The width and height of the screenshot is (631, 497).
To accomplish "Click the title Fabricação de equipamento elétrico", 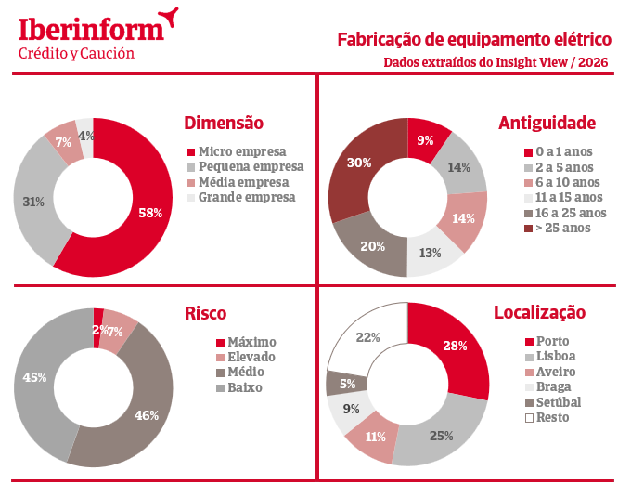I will point(474,39).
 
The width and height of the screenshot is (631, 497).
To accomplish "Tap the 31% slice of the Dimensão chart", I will point(34,202).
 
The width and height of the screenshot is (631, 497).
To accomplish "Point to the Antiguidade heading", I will point(547,123).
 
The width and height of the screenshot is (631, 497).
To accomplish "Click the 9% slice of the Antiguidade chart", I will point(426,140).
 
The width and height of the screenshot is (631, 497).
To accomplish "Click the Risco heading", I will point(205,313).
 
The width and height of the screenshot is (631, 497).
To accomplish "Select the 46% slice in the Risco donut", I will point(147,415).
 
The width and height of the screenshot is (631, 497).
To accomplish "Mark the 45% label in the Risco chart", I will point(34,377).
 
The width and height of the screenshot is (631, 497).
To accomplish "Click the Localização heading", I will point(539,312).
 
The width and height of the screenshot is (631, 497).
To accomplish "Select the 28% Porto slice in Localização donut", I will point(455,346).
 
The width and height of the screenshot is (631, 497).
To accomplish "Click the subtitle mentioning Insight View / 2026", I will point(497,62).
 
